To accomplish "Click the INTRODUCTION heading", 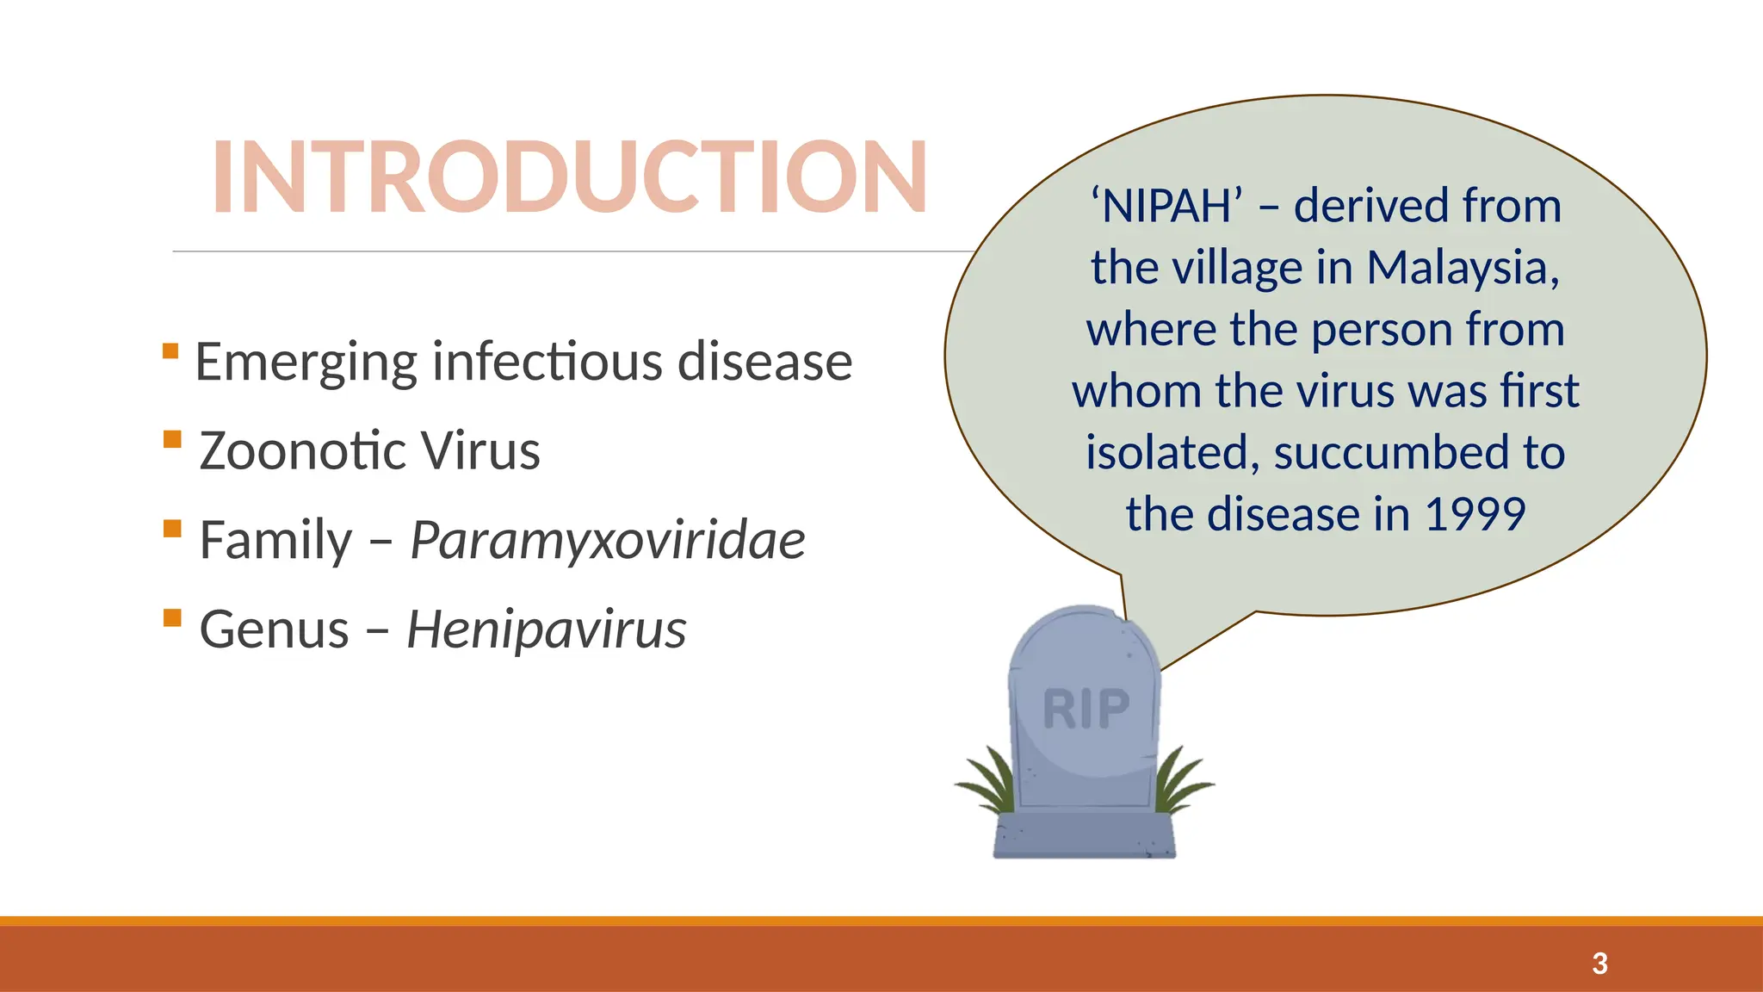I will pyautogui.click(x=569, y=177).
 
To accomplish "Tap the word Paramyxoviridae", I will pyautogui.click(x=607, y=541).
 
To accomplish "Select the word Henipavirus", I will pyautogui.click(x=546, y=629).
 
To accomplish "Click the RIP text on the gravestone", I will pyautogui.click(x=1086, y=710).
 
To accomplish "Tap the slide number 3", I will pyautogui.click(x=1599, y=963).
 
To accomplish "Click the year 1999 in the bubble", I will pyautogui.click(x=1475, y=514).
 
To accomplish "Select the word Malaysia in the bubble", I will pyautogui.click(x=1463, y=268).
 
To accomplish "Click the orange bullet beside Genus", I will pyautogui.click(x=172, y=617).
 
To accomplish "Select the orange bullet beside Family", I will pyautogui.click(x=172, y=528).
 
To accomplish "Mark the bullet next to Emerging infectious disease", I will pyautogui.click(x=170, y=350).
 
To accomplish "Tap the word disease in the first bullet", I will pyautogui.click(x=764, y=362).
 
